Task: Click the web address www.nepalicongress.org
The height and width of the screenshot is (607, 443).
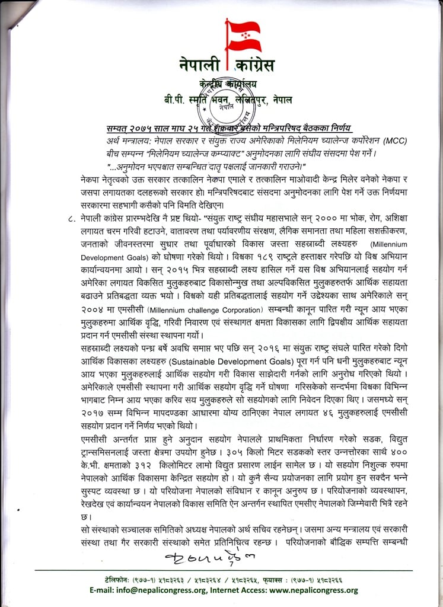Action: pyautogui.click(x=311, y=590)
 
